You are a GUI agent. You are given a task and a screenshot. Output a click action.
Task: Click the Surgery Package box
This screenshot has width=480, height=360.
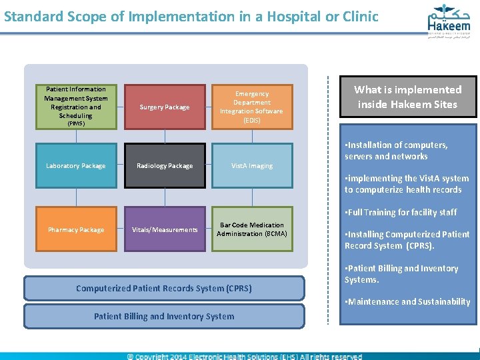[x=164, y=107]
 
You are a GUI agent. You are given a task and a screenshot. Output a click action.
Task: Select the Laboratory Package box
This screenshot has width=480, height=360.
[x=75, y=165]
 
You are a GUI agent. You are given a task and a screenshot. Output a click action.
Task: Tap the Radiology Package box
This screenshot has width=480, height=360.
[x=164, y=165]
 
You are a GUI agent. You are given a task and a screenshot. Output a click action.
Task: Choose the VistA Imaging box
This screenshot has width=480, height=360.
[x=252, y=165]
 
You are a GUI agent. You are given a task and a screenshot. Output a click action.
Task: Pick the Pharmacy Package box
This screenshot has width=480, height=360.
[x=75, y=229]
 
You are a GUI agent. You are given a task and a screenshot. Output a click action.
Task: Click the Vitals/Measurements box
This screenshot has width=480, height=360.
[x=164, y=229]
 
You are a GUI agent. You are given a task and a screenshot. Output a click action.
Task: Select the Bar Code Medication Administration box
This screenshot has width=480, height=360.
[x=252, y=229]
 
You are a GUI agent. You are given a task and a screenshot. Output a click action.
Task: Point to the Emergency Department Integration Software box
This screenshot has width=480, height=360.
[x=252, y=107]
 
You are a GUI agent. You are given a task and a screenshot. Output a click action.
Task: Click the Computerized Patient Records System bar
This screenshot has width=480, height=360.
[x=164, y=288]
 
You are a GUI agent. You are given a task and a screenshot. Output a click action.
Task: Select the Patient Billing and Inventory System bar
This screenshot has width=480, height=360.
[x=164, y=316]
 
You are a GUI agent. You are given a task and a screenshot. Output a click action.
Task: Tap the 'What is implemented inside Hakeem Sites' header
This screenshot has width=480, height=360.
[x=407, y=97]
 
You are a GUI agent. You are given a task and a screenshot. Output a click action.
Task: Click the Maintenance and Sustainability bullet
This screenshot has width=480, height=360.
[x=407, y=301]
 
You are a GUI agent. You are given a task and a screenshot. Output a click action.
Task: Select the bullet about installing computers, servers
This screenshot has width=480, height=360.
[x=396, y=151]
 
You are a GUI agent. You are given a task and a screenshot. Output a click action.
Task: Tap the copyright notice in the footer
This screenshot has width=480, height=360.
[x=245, y=356]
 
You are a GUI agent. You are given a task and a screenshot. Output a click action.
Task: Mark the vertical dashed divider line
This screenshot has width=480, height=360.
[x=328, y=200]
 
